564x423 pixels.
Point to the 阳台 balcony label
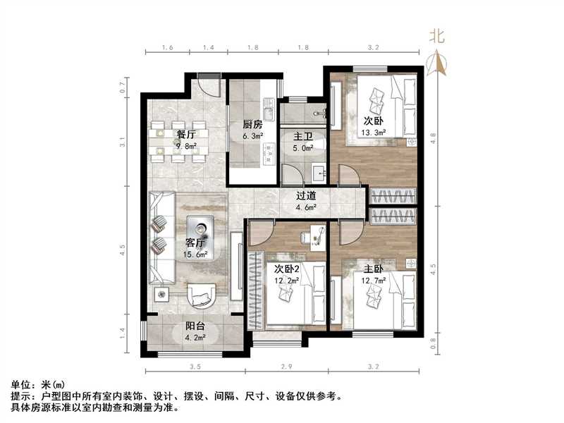pyautogui.click(x=195, y=326)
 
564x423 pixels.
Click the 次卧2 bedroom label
pyautogui.click(x=285, y=268)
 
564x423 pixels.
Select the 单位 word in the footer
pyautogui.click(x=21, y=385)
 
